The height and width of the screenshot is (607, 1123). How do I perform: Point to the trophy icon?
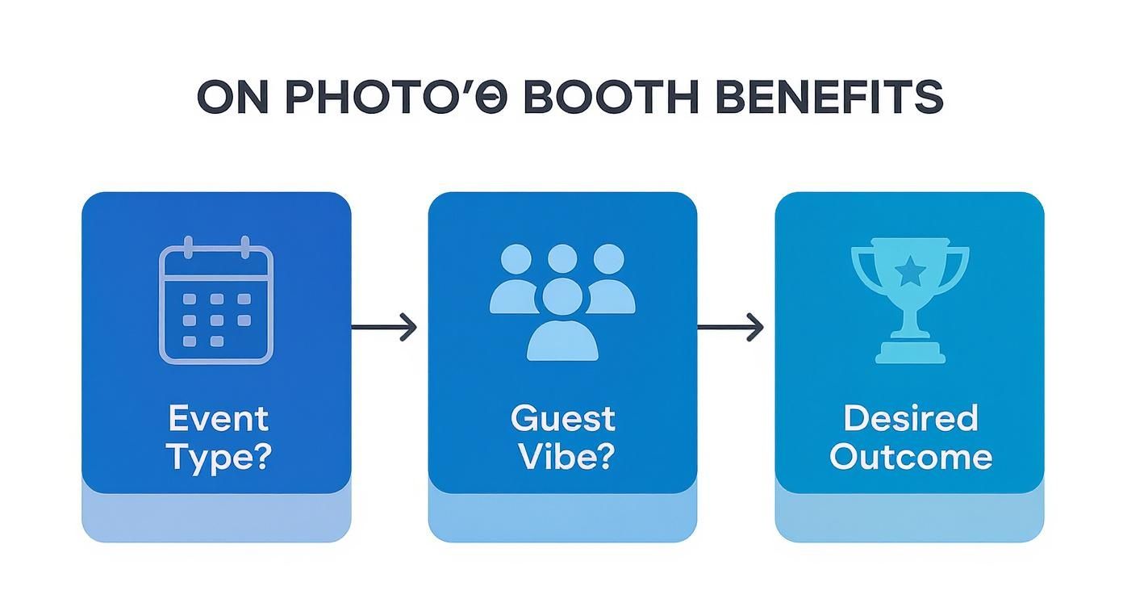coord(909,299)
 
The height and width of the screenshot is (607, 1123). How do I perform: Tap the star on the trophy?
coord(910,273)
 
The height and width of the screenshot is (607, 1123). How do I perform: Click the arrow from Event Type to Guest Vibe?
coord(385,327)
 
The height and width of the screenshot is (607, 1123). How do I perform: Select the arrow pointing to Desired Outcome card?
coord(731,327)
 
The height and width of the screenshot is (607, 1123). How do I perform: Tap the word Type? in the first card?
coord(218,457)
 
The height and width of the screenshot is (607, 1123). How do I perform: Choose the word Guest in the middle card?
coord(562,419)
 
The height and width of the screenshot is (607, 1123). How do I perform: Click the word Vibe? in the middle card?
coord(565,457)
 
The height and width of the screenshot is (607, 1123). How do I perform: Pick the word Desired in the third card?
coord(910,419)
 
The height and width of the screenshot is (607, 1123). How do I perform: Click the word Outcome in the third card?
coord(910,457)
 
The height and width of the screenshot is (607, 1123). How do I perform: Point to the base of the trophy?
coord(910,352)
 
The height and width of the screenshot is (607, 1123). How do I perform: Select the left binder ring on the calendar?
coord(189,247)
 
